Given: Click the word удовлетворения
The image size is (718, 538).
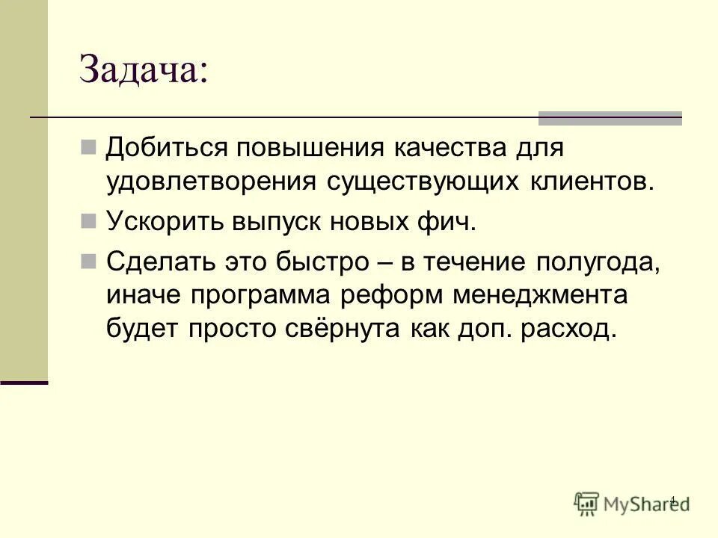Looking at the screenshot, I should click(x=210, y=182).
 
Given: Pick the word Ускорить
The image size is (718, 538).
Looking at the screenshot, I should click(x=164, y=221).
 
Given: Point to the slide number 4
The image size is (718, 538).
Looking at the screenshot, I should click(x=672, y=499).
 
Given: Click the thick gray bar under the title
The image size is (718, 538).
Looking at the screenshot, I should click(x=610, y=118).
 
